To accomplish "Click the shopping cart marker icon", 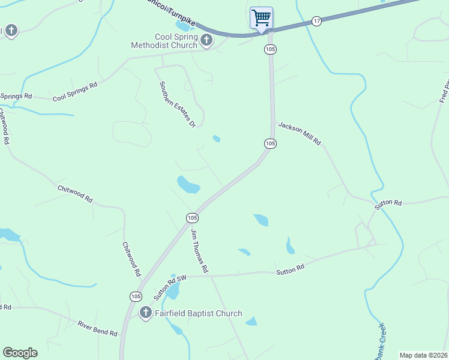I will click(x=261, y=17).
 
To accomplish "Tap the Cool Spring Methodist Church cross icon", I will click(x=206, y=41).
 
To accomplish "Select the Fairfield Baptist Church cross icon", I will click(x=145, y=313).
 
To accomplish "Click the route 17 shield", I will click(x=317, y=21).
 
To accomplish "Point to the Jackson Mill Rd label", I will click(x=300, y=134).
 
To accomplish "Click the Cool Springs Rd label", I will click(x=75, y=92).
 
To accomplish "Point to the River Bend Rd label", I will click(x=97, y=328).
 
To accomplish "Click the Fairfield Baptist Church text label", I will click(x=199, y=313).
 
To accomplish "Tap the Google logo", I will click(x=20, y=353).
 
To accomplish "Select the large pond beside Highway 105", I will click(x=188, y=184).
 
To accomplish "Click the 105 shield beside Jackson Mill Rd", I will click(x=271, y=143).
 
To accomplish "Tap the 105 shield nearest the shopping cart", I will click(x=270, y=49).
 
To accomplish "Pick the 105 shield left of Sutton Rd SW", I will click(x=136, y=296).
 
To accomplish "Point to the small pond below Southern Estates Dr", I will click(x=216, y=139).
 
